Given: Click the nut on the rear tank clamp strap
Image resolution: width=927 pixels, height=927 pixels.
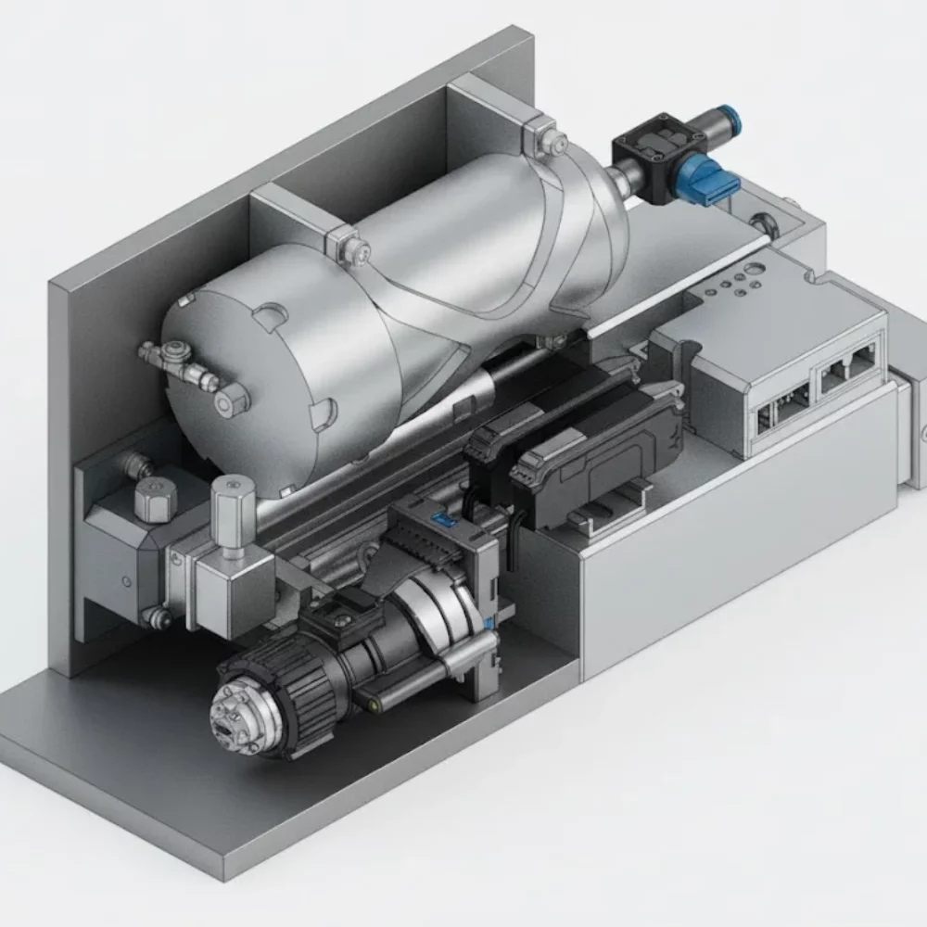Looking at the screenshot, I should point(556,141).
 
